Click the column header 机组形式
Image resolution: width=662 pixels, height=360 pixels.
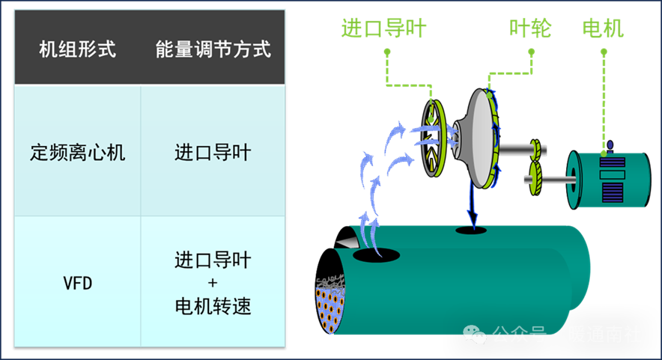[78, 50]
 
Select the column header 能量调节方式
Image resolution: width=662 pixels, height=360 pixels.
[213, 50]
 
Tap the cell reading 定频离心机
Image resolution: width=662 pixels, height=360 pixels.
[78, 153]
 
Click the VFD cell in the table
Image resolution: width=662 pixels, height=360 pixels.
[77, 284]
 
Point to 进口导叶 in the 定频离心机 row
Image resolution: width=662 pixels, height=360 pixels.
[213, 153]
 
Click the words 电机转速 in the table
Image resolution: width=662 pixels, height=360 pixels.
[213, 306]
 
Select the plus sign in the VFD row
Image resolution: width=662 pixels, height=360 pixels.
[213, 284]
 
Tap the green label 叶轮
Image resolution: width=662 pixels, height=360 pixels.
[530, 28]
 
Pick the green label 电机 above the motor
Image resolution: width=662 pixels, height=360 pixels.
[603, 28]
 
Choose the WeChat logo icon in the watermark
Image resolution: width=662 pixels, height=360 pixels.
[474, 334]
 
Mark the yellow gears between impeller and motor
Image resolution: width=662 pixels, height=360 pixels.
[535, 162]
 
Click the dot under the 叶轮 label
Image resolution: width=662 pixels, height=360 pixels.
[531, 52]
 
